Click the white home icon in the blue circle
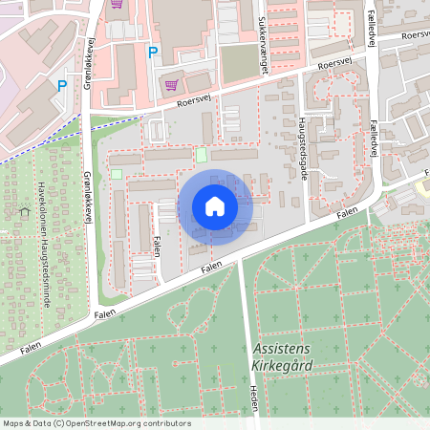(x=215, y=205)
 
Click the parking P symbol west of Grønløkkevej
(x=62, y=85)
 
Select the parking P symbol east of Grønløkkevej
(x=151, y=53)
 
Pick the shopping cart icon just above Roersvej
(x=171, y=83)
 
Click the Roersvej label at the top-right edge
(x=416, y=34)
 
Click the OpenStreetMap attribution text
(x=97, y=423)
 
